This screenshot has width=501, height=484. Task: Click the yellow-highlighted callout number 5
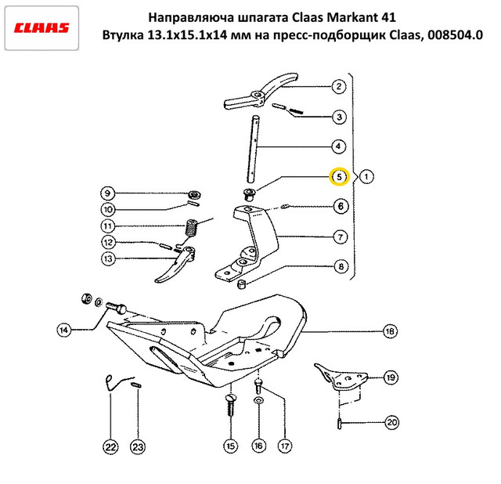pyautogui.click(x=339, y=177)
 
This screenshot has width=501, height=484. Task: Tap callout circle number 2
pyautogui.click(x=339, y=87)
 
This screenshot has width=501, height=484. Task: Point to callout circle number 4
pyautogui.click(x=339, y=146)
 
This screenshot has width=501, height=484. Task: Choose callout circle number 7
pyautogui.click(x=340, y=237)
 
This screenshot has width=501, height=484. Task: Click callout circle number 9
pyautogui.click(x=107, y=193)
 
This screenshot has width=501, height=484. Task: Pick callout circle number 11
pyautogui.click(x=107, y=226)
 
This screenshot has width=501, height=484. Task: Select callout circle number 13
pyautogui.click(x=107, y=258)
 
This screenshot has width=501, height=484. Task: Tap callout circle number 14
pyautogui.click(x=63, y=330)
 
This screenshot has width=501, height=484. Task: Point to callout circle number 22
pyautogui.click(x=110, y=447)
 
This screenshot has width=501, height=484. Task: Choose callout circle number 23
pyautogui.click(x=138, y=447)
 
